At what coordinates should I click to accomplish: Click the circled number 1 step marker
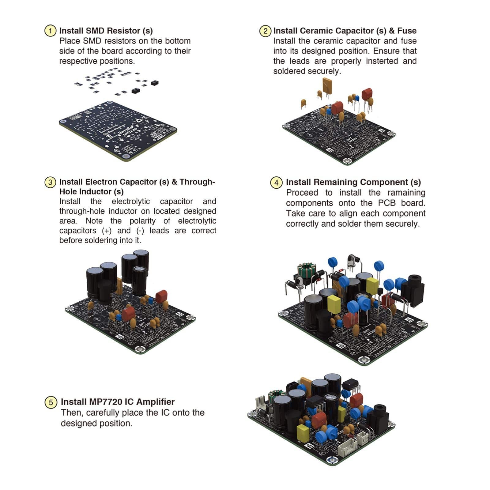coord(50,31)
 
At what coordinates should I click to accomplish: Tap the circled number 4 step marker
coord(276,183)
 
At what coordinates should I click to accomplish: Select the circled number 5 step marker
coord(51,402)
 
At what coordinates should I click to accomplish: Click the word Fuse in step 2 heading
coord(407,31)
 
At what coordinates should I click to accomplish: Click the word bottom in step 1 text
coord(178,41)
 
